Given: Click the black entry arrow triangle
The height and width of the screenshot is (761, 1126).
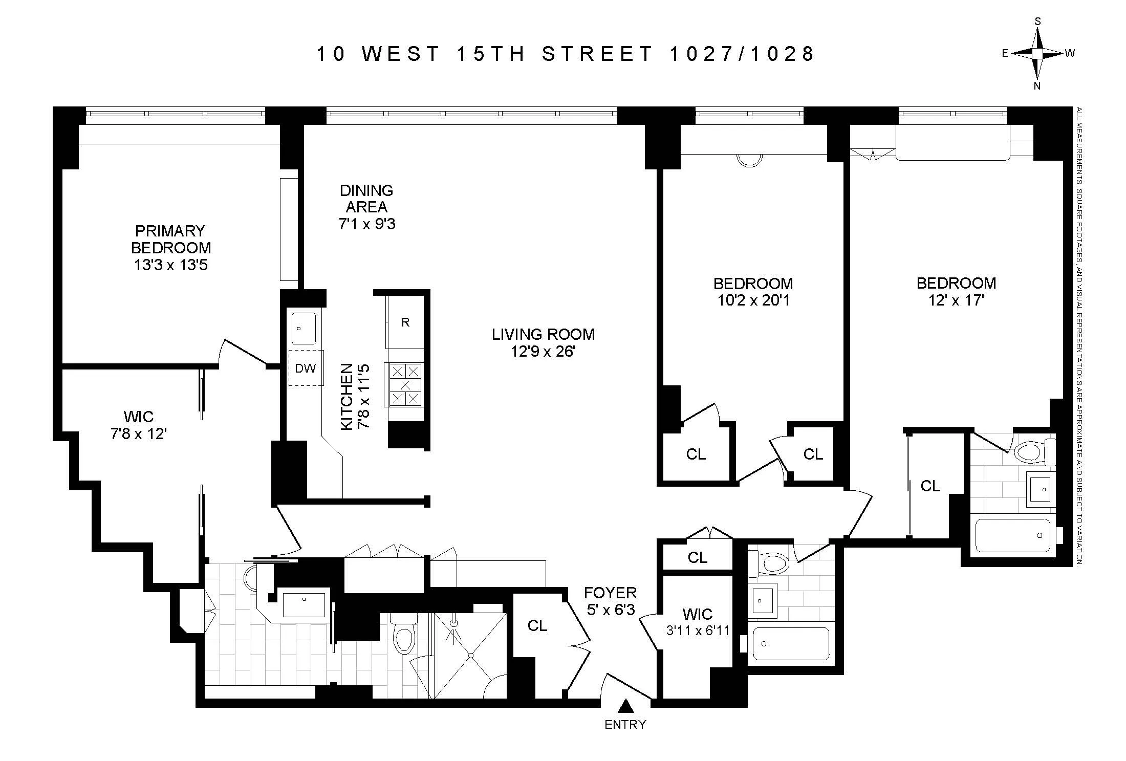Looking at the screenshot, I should [x=625, y=707].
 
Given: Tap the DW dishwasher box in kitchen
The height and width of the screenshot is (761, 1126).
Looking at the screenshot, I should [x=306, y=367].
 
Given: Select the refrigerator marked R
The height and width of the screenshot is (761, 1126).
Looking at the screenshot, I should [x=405, y=322].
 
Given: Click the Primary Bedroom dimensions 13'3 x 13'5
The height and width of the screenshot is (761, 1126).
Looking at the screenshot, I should [x=171, y=265].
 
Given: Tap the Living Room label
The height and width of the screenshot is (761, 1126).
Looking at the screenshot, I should [x=543, y=334].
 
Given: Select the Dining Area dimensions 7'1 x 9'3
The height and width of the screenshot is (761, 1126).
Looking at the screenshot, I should [x=366, y=224].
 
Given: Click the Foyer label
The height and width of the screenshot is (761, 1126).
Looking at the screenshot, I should [x=610, y=593].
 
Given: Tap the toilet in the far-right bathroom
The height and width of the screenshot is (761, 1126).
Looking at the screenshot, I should [x=1033, y=452].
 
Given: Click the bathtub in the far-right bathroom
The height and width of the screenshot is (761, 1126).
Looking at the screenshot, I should [x=1013, y=535].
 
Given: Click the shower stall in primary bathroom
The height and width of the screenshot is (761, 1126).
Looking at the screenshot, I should [x=470, y=656].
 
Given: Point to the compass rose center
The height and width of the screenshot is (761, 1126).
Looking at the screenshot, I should [x=1037, y=53].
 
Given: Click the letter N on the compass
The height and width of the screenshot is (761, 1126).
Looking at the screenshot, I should [x=1037, y=86].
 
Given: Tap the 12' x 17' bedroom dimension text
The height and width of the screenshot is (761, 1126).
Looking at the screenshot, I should [x=956, y=300].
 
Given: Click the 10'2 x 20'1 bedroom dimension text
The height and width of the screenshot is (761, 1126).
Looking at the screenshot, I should [x=753, y=300].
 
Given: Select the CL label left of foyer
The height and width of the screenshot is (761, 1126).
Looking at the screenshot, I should [x=537, y=625].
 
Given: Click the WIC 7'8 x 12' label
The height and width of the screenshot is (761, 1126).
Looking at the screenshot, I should [x=139, y=425].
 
